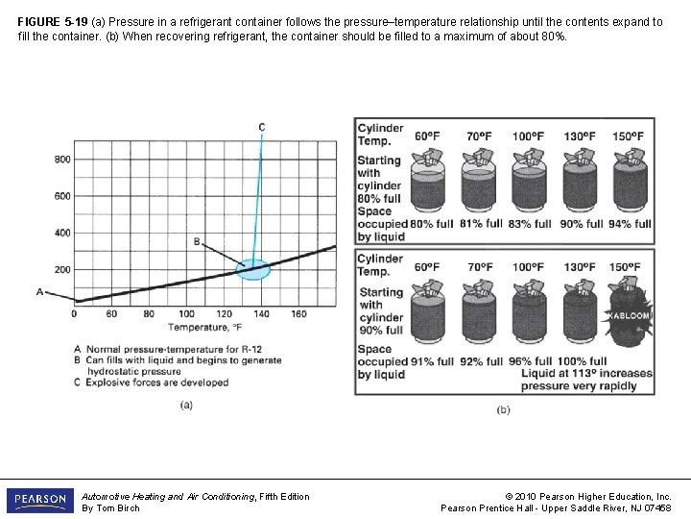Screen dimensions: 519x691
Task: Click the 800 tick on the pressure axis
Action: click(x=61, y=160)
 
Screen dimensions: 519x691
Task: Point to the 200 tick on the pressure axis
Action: click(x=61, y=270)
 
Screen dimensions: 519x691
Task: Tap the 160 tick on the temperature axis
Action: click(x=298, y=313)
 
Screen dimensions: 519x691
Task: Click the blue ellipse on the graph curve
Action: click(x=253, y=269)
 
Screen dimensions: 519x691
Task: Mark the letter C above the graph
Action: click(x=262, y=127)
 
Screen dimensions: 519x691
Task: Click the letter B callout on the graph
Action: click(x=197, y=242)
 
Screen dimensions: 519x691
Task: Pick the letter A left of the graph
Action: click(x=39, y=291)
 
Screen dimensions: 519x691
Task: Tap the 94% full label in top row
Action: click(x=630, y=224)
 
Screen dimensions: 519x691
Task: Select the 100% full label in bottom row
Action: click(x=577, y=361)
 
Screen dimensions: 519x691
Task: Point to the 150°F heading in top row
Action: click(x=630, y=136)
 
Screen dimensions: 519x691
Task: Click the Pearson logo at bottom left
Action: click(x=39, y=501)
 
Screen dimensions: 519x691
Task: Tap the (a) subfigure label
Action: click(x=188, y=405)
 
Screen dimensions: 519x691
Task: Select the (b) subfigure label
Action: click(x=504, y=409)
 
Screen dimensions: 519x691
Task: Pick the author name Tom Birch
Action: click(x=123, y=507)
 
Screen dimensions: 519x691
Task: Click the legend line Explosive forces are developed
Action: click(x=157, y=382)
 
